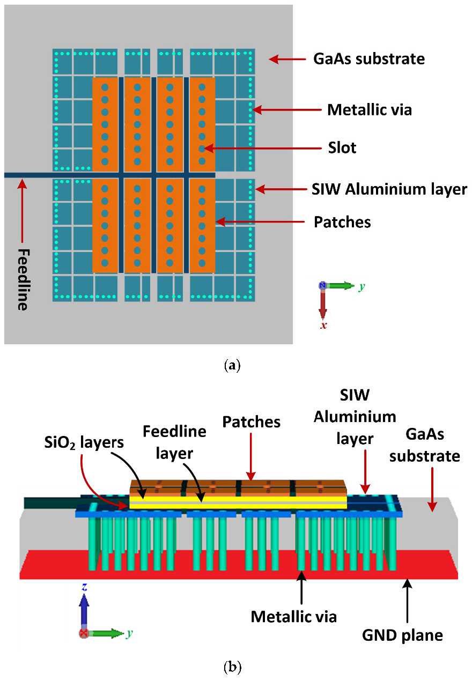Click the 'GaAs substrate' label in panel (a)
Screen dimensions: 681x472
368,58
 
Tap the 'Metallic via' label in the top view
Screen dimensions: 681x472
370,110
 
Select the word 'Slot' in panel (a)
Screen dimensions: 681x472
342,147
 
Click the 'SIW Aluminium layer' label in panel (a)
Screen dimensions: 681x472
389,189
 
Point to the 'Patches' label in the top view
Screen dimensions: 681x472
342,221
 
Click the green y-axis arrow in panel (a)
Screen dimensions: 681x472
340,286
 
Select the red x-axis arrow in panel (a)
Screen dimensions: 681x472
323,303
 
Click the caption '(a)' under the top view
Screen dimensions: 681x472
232,366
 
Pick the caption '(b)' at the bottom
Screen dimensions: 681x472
232,667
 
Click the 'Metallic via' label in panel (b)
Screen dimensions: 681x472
294,617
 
